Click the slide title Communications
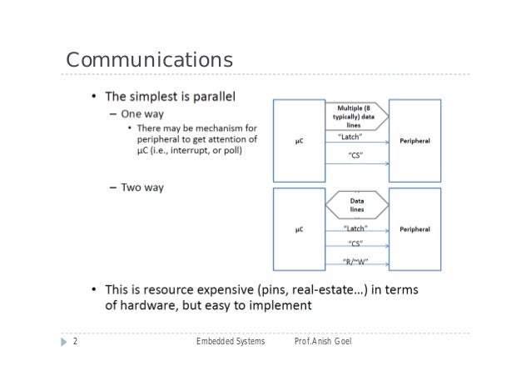click(149, 61)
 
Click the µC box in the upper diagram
click(298, 142)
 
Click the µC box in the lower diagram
click(298, 229)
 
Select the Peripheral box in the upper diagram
click(414, 142)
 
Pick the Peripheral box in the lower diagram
click(414, 229)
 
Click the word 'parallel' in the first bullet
click(211, 96)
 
